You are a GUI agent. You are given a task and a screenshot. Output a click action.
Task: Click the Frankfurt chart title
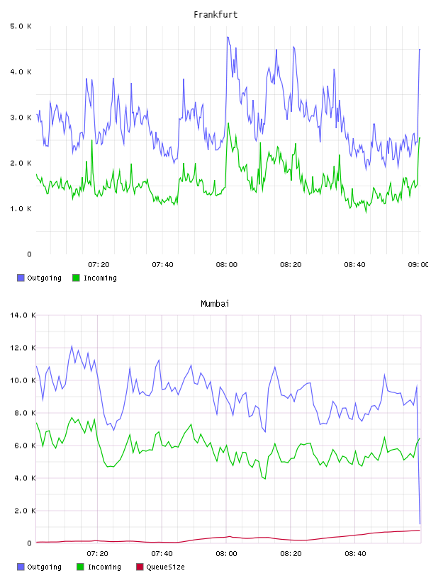click(x=216, y=15)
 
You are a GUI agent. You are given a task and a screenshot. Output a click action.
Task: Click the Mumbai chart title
click(x=215, y=304)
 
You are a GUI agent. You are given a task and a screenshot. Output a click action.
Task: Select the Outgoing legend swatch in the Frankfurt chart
click(x=21, y=278)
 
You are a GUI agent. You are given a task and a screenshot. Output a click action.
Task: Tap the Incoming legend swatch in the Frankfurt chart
click(x=76, y=278)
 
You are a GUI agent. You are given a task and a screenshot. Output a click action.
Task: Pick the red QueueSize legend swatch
click(x=140, y=567)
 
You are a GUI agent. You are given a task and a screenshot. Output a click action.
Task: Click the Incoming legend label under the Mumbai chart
click(x=104, y=567)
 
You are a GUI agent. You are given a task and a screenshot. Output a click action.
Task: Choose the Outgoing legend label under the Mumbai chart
click(x=44, y=567)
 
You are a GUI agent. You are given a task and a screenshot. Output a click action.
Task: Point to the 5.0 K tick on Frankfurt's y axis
click(x=21, y=26)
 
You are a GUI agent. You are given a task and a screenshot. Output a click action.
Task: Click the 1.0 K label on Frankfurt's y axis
click(x=21, y=209)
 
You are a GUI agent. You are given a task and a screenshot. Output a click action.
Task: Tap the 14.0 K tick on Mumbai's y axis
click(x=23, y=315)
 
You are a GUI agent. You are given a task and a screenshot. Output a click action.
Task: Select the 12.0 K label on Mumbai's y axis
click(x=23, y=348)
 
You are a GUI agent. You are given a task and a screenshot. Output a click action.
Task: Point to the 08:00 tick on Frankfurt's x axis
click(x=227, y=265)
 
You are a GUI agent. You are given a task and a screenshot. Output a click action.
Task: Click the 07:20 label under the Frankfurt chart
click(x=99, y=265)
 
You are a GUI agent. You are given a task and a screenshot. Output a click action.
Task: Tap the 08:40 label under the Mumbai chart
click(x=355, y=554)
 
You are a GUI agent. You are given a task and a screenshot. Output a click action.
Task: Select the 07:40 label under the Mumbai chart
click(x=162, y=554)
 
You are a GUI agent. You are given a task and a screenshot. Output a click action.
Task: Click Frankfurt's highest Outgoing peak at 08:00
click(x=228, y=38)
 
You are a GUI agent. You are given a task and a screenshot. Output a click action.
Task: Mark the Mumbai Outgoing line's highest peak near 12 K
click(x=72, y=346)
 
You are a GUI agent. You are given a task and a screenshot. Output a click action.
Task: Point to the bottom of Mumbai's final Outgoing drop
click(x=420, y=523)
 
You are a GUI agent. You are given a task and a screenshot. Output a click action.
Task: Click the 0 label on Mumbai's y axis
click(x=30, y=543)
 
